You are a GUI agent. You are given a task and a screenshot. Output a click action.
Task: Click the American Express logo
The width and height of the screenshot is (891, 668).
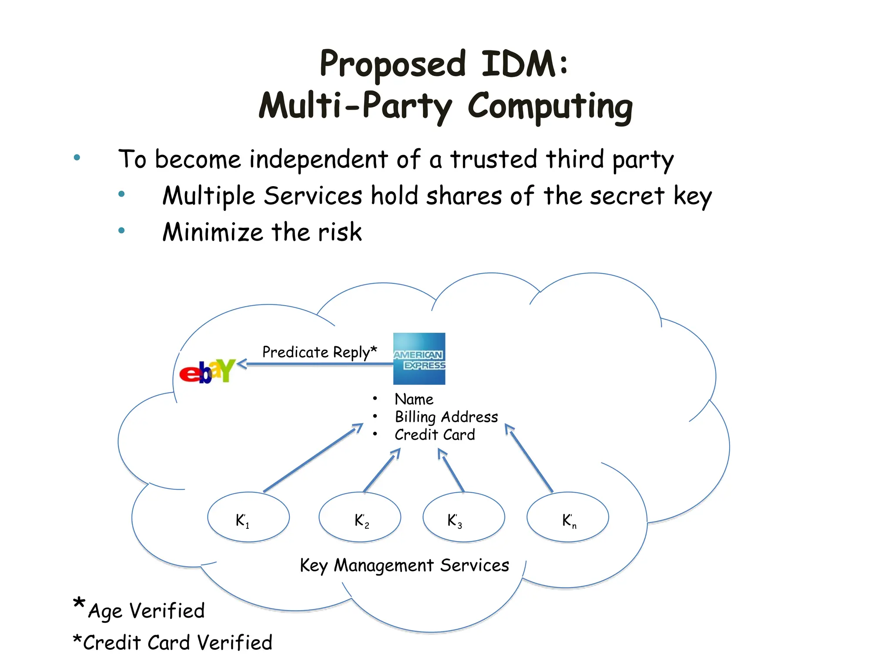pyautogui.click(x=419, y=359)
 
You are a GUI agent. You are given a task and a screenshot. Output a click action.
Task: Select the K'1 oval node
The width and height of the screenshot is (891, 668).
pyautogui.click(x=248, y=517)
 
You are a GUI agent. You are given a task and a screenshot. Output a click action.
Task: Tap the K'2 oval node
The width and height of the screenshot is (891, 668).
pyautogui.click(x=360, y=517)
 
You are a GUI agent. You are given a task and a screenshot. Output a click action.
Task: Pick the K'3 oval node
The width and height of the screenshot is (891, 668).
pyautogui.click(x=464, y=517)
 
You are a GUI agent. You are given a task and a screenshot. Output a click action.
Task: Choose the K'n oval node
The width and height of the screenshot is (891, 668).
pyautogui.click(x=567, y=517)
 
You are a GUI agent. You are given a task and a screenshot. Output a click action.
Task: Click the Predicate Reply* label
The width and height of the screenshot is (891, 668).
pyautogui.click(x=319, y=352)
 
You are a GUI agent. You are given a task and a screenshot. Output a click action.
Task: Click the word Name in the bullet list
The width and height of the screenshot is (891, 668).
pyautogui.click(x=414, y=399)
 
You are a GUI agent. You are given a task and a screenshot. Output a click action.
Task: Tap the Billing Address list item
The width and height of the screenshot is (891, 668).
pyautogui.click(x=446, y=417)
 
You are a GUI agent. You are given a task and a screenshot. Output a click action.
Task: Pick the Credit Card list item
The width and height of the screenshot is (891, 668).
pyautogui.click(x=435, y=435)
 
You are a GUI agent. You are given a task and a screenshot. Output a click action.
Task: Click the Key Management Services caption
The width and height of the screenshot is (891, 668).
pyautogui.click(x=404, y=565)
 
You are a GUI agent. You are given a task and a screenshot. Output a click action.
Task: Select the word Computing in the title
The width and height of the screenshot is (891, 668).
pyautogui.click(x=550, y=107)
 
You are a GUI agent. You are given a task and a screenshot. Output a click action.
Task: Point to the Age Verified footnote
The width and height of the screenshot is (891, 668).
pyautogui.click(x=146, y=611)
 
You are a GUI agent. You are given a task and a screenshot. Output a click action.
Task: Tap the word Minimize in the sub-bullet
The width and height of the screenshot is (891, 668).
pyautogui.click(x=212, y=232)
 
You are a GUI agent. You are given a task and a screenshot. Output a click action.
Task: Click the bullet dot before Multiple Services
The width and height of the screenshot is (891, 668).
pyautogui.click(x=121, y=194)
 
